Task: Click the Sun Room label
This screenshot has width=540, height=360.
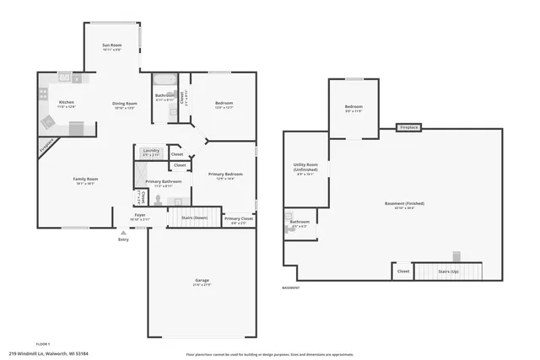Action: [x=112, y=46]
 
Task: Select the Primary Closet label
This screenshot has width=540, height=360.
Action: [x=239, y=220]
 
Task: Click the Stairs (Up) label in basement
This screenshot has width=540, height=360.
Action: [x=448, y=271]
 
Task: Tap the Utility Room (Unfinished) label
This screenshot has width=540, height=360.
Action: [x=305, y=167]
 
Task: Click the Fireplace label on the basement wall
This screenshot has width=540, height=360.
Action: [x=409, y=128]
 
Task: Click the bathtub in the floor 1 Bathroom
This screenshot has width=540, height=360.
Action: [x=165, y=82]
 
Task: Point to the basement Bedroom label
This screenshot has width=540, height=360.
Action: [x=353, y=108]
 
